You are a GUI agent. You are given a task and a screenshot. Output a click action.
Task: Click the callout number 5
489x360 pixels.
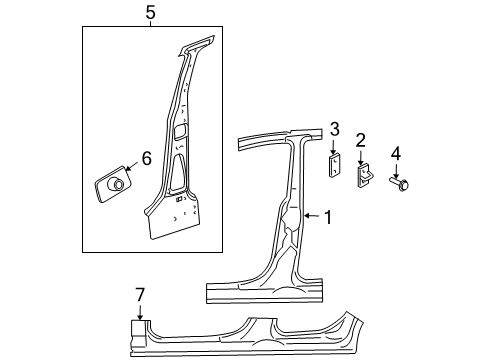pyautogui.click(x=149, y=13)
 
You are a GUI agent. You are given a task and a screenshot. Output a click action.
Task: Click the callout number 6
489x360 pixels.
pyautogui.click(x=146, y=157)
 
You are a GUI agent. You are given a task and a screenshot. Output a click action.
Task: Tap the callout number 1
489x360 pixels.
pyautogui.click(x=327, y=215)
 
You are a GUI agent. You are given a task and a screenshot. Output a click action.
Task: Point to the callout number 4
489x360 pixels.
pyautogui.click(x=396, y=153)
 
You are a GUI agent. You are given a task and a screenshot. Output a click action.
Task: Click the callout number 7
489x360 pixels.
pyautogui.click(x=140, y=293)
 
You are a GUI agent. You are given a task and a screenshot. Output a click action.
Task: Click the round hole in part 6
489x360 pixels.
pyautogui.click(x=117, y=184)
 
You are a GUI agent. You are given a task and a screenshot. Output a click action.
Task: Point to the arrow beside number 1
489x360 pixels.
pyautogui.click(x=309, y=215)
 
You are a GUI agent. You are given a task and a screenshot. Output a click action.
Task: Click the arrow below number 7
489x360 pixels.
pyautogui.click(x=140, y=311)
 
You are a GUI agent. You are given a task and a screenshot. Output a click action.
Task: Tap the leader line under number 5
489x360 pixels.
pyautogui.click(x=149, y=23)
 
